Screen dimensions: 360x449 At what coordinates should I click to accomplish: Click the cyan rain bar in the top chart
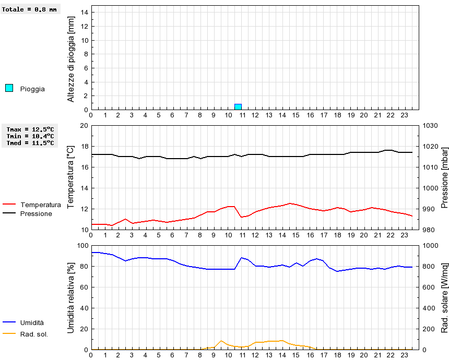click(x=238, y=107)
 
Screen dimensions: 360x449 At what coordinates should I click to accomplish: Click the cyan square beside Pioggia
click(x=9, y=88)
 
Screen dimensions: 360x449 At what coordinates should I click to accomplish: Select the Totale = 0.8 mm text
click(x=29, y=9)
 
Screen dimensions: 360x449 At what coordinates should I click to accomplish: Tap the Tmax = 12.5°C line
click(x=30, y=129)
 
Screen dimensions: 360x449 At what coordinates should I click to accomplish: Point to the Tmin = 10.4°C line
click(x=30, y=136)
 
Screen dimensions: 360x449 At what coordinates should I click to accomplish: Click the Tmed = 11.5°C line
click(x=30, y=142)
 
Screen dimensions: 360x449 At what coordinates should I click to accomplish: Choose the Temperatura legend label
click(x=40, y=205)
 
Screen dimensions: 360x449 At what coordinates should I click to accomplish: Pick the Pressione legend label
click(x=36, y=213)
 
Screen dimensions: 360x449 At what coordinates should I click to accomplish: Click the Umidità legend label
click(x=32, y=323)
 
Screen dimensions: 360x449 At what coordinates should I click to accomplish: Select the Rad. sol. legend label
click(x=34, y=334)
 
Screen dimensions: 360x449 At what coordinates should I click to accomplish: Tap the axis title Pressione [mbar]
click(x=438, y=177)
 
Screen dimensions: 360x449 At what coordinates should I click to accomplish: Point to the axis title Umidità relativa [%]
click(x=72, y=297)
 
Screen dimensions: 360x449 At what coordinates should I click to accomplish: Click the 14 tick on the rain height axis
click(x=85, y=13)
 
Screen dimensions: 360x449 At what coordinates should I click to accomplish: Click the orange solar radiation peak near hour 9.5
click(x=221, y=341)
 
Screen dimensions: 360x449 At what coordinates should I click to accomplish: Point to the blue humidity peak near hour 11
click(x=241, y=257)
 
